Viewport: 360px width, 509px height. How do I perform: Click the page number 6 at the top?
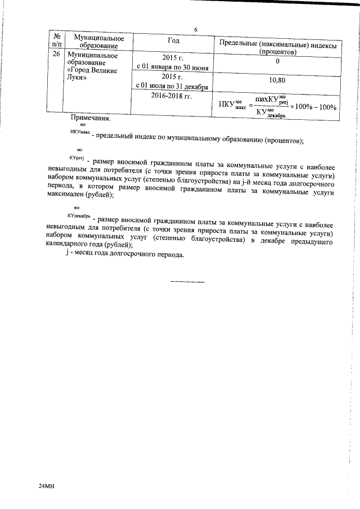click(195, 30)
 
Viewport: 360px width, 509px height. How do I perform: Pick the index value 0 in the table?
click(277, 61)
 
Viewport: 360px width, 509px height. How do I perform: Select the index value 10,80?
click(277, 80)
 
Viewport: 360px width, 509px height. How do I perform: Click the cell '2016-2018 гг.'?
click(173, 96)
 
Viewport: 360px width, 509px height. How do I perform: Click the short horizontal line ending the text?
click(187, 281)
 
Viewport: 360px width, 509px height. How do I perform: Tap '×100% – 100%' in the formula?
click(312, 106)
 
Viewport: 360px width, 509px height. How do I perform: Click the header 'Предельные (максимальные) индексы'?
click(277, 44)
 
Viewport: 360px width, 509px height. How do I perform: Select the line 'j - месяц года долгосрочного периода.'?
click(124, 254)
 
